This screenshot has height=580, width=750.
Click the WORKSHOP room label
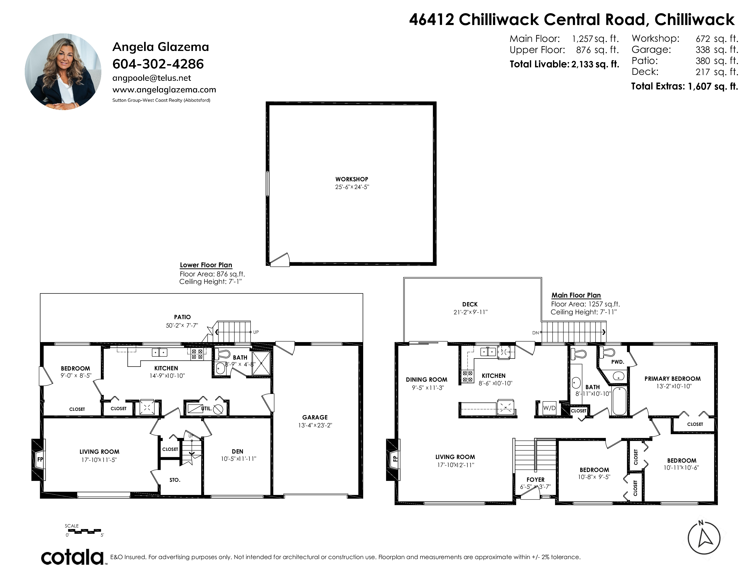[x=352, y=179]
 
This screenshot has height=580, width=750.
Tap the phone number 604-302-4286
[x=158, y=64]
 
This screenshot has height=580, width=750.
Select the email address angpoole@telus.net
[x=151, y=78]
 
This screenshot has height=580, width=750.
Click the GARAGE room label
[x=315, y=417]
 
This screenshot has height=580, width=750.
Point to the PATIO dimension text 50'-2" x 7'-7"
[x=182, y=325]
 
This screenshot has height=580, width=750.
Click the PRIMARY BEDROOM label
[x=672, y=379]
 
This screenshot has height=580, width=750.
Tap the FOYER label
[x=535, y=480]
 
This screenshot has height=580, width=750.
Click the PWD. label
[x=617, y=362]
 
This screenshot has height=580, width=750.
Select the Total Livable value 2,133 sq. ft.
[x=595, y=64]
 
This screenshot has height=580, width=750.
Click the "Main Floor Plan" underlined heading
[x=576, y=295]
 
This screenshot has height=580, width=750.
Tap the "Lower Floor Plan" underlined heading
[x=206, y=265]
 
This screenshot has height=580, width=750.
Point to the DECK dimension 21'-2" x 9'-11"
[x=470, y=312]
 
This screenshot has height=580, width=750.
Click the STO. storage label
[x=175, y=480]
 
